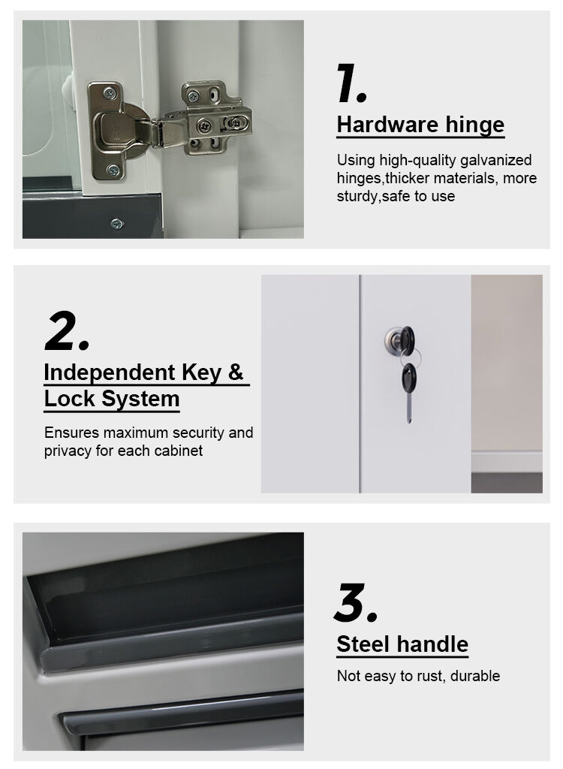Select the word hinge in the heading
(x=474, y=125)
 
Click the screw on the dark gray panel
(x=116, y=224)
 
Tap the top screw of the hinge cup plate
(x=110, y=92)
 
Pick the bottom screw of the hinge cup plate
(x=113, y=170)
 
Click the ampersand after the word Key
(x=236, y=372)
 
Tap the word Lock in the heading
(x=69, y=399)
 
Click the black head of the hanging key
(x=409, y=378)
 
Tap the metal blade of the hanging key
(x=408, y=408)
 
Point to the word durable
(x=474, y=676)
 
